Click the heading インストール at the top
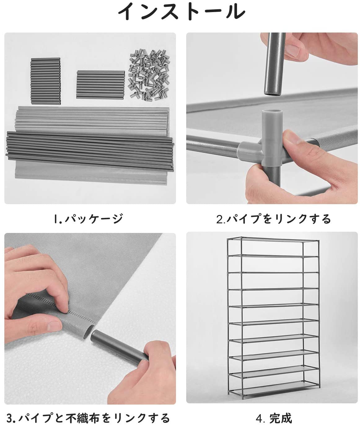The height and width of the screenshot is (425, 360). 182,12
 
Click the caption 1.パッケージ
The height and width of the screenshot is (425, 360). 88,219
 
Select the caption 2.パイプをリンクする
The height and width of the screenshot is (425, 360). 274,219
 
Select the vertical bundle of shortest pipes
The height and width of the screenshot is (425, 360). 46,81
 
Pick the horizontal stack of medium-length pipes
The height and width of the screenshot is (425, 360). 100,85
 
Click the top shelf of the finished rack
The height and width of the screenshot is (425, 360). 272,239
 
